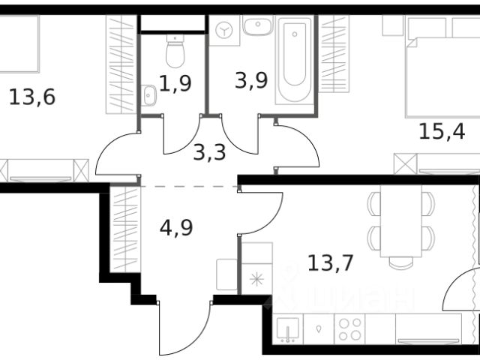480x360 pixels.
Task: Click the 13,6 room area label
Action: click(x=32, y=97)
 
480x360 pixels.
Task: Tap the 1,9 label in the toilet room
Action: click(x=175, y=83)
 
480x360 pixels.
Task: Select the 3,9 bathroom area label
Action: click(x=251, y=80)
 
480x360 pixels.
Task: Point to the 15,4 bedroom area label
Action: click(x=442, y=131)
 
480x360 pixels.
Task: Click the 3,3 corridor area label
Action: click(x=209, y=152)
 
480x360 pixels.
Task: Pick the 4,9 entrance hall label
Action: click(x=176, y=227)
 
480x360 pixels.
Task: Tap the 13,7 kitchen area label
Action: click(x=331, y=263)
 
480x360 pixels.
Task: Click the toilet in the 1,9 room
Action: click(x=175, y=51)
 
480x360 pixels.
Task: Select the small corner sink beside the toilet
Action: click(x=148, y=95)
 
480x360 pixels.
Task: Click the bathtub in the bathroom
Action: click(x=295, y=59)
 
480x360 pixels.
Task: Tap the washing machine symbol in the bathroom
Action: click(x=224, y=31)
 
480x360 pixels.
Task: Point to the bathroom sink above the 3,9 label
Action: click(x=258, y=25)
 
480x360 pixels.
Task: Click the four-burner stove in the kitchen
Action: click(x=349, y=329)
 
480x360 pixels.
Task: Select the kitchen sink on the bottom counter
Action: click(x=288, y=329)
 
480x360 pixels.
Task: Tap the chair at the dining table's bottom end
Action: click(x=401, y=263)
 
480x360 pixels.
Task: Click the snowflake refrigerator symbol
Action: click(x=256, y=279)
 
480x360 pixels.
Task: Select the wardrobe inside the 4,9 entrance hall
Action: click(x=125, y=229)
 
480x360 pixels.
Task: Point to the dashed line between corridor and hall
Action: click(x=189, y=186)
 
